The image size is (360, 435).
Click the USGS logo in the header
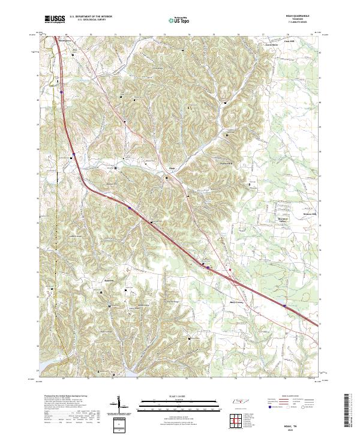(55, 19)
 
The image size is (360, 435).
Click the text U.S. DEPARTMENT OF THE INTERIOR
(92, 17)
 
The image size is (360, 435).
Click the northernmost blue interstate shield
(61, 92)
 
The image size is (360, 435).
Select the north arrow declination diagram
(119, 404)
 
